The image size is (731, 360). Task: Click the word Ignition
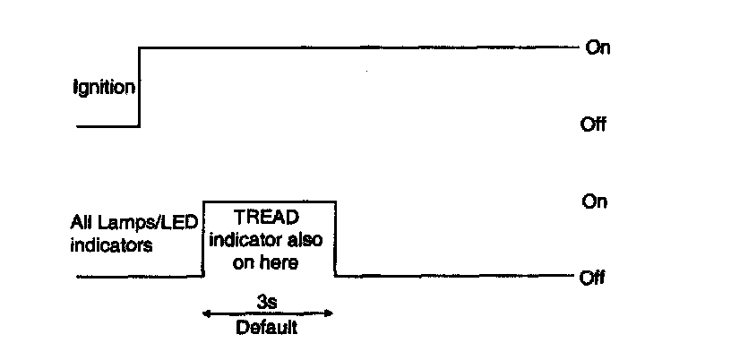[x=104, y=88]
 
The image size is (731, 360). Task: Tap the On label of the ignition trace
[x=598, y=47]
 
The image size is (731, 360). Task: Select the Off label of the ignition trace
[x=593, y=124]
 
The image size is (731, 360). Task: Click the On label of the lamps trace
[x=595, y=201]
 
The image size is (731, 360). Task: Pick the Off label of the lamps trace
[x=593, y=278]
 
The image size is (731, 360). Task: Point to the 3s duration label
[x=267, y=303]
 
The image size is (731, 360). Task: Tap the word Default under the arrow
[x=266, y=328]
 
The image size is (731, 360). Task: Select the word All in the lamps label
[x=82, y=222]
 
